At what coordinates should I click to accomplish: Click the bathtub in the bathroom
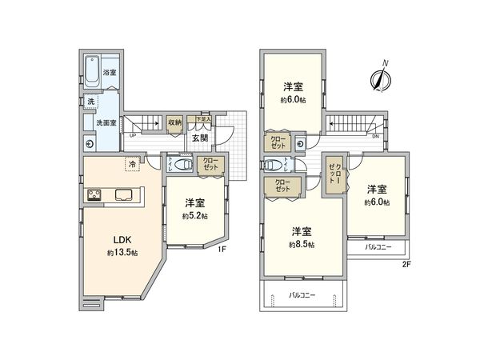click(91, 72)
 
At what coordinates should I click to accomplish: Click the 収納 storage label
click(174, 122)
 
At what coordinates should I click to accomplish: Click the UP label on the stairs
click(132, 137)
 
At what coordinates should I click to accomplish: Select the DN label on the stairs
click(375, 137)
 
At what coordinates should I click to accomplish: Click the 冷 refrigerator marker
click(132, 164)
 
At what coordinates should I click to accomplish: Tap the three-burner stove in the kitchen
click(92, 196)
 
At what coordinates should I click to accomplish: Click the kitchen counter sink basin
click(125, 195)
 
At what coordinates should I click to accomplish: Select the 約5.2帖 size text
click(194, 217)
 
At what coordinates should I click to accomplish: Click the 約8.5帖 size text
click(301, 244)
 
